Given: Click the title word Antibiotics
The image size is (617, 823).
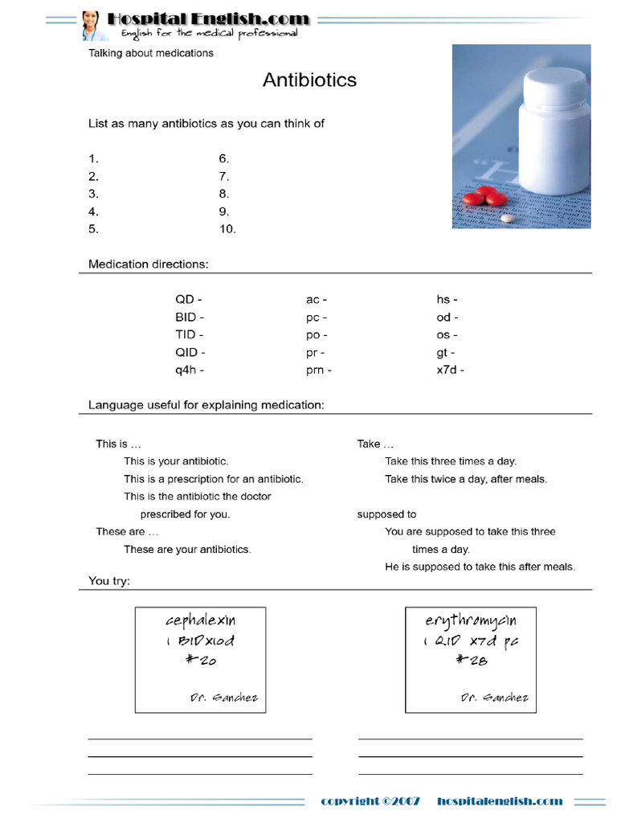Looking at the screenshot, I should click(x=309, y=80).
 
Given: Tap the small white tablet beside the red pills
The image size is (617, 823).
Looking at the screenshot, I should click(x=506, y=218).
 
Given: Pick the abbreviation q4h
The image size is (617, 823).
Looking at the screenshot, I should click(x=189, y=371).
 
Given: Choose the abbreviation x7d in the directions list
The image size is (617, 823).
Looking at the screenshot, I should click(x=447, y=371).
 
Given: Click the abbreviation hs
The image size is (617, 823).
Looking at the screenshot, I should click(x=444, y=300).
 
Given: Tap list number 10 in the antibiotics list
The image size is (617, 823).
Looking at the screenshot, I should click(x=227, y=229).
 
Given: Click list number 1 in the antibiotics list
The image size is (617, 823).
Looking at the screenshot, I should click(x=93, y=159).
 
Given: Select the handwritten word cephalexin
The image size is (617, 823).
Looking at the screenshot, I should click(x=201, y=620).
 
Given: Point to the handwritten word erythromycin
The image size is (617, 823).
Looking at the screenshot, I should click(x=471, y=620).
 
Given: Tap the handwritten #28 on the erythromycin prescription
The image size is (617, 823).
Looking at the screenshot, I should click(x=471, y=661).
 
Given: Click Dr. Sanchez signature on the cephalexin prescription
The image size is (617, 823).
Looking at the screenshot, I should click(x=224, y=697).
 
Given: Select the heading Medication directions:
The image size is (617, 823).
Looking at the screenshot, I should click(x=149, y=264).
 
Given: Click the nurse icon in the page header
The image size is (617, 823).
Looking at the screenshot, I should click(x=91, y=25).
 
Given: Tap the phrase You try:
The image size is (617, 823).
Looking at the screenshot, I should click(x=109, y=580).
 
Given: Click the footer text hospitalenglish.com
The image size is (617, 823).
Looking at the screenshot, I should click(x=500, y=801).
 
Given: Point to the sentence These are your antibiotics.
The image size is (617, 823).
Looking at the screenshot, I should click(x=187, y=550).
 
